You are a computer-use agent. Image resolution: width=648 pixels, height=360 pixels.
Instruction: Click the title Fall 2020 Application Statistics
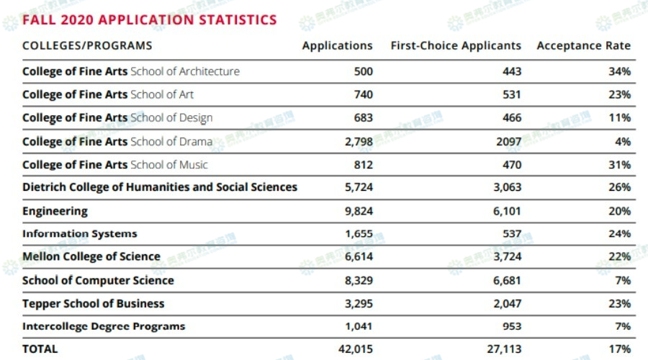[149, 19]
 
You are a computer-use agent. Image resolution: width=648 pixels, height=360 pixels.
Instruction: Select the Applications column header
[337, 45]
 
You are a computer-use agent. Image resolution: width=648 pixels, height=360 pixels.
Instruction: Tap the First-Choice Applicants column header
[456, 45]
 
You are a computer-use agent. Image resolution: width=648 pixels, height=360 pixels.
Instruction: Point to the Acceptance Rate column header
[583, 45]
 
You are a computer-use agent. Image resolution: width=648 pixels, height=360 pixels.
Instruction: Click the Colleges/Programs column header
[87, 45]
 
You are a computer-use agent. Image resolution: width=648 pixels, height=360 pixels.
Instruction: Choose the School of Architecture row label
[131, 71]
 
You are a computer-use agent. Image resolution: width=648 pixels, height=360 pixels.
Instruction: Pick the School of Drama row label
[117, 141]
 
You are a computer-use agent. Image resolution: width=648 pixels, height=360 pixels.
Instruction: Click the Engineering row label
[55, 211]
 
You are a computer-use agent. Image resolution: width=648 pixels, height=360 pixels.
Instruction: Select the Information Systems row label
[79, 234]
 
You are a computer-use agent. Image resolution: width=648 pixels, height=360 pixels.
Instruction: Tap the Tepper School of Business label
[93, 303]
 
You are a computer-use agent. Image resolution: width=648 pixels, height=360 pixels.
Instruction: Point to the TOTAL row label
[40, 348]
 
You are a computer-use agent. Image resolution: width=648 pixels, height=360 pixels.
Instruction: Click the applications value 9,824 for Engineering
[359, 211]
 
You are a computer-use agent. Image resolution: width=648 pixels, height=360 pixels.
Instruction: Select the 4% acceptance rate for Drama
[622, 141]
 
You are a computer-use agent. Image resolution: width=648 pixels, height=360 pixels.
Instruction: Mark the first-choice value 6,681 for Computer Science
[507, 280]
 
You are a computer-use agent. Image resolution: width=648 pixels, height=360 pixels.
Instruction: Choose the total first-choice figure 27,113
[504, 348]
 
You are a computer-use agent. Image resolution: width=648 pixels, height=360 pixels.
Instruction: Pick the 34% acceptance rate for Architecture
[619, 71]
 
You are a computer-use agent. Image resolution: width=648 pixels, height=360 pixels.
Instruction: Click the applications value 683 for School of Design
[363, 117]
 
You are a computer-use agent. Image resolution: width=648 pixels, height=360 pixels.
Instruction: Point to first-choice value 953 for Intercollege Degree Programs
[511, 326]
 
